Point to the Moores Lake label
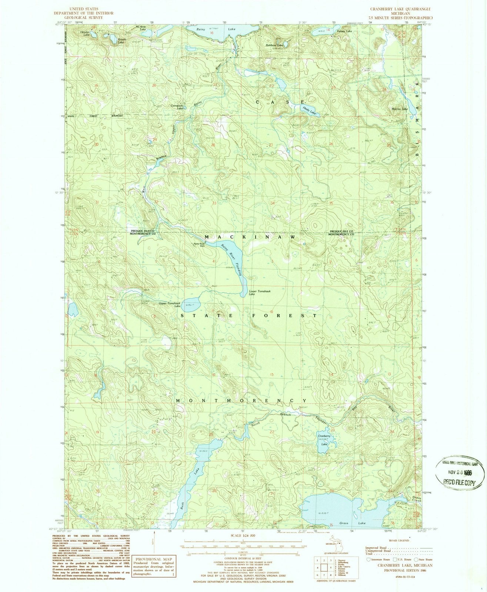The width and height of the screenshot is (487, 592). pyautogui.click(x=400, y=109)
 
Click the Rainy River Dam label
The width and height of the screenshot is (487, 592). pyautogui.click(x=199, y=245)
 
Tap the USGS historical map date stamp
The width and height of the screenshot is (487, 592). pyautogui.click(x=460, y=472)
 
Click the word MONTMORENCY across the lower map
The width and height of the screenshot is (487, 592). pyautogui.click(x=241, y=401)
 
